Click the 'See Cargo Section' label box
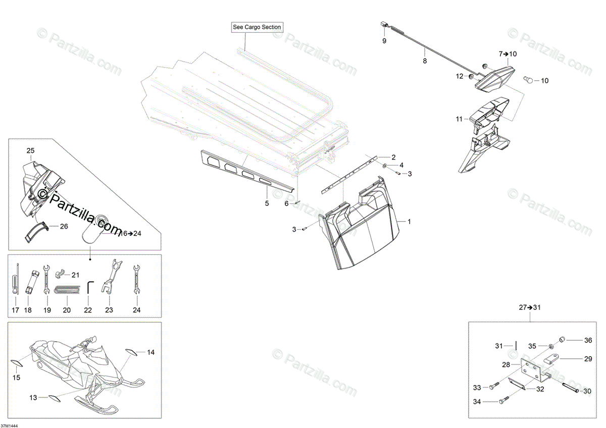point(257,27)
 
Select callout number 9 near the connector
point(384,41)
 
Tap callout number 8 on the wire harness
point(425,61)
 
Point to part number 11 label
point(459,119)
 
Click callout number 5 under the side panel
point(267,203)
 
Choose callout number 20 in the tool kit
point(66,310)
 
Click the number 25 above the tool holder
point(30,151)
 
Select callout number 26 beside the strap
point(64,227)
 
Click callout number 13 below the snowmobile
point(33,398)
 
